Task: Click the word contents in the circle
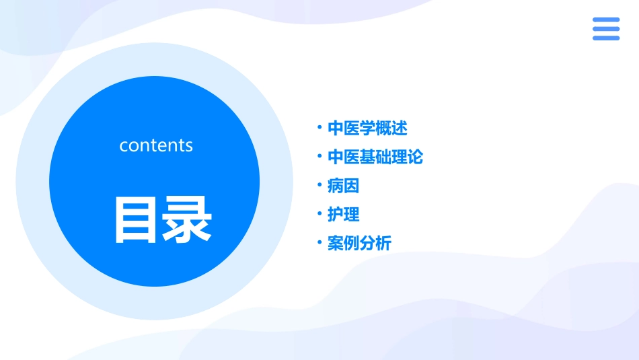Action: pyautogui.click(x=156, y=145)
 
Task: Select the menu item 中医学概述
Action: pyautogui.click(x=367, y=128)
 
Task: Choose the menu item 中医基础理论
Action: pyautogui.click(x=375, y=157)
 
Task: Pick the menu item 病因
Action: pyautogui.click(x=343, y=186)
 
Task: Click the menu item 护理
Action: pyautogui.click(x=343, y=215)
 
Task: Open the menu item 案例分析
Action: pyautogui.click(x=359, y=244)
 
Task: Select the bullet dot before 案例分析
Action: pyautogui.click(x=319, y=242)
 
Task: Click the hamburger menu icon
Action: pyautogui.click(x=606, y=29)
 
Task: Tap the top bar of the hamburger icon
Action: pyautogui.click(x=606, y=20)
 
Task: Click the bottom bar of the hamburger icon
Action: pyautogui.click(x=606, y=38)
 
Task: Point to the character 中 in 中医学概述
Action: pyautogui.click(x=336, y=128)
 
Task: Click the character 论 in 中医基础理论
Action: pyautogui.click(x=416, y=157)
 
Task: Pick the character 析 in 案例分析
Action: pyautogui.click(x=383, y=244)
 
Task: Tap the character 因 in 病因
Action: pyautogui.click(x=351, y=186)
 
